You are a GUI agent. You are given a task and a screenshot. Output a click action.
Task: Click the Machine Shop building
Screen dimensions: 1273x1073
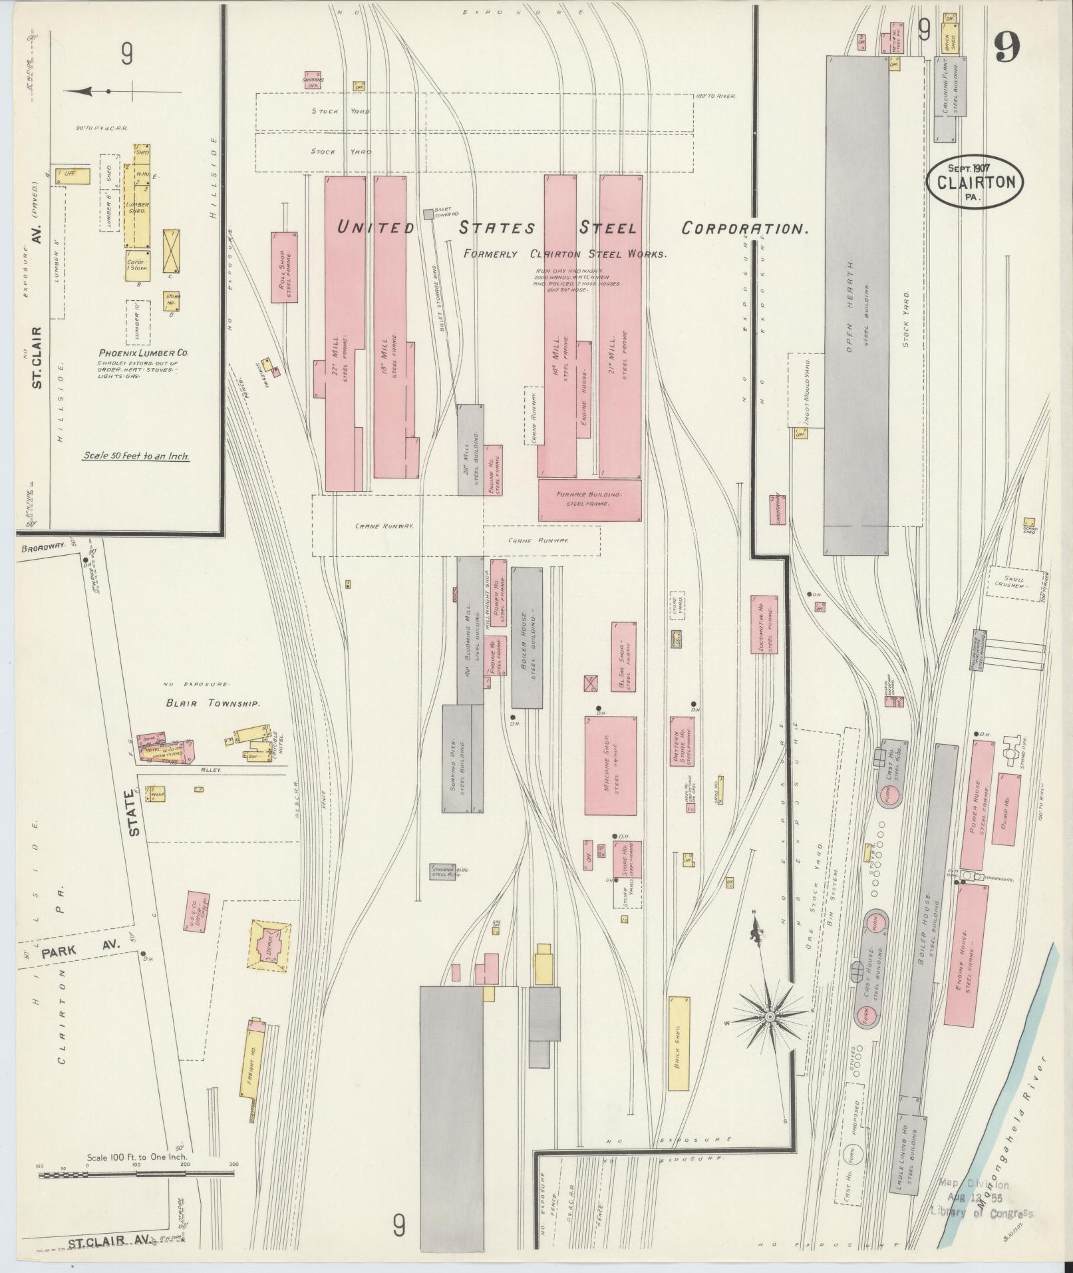pos(610,765)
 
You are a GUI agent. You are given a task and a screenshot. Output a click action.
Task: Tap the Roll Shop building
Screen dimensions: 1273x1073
pos(285,266)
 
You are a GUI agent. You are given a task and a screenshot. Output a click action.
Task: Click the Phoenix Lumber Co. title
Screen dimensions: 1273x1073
pos(135,353)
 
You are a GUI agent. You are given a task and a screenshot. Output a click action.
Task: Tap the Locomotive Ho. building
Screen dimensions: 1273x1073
pos(765,624)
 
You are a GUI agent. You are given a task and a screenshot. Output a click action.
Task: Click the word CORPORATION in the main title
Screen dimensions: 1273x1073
pos(744,228)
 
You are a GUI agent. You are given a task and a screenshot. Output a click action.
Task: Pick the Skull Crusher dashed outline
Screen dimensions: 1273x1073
pos(1014,584)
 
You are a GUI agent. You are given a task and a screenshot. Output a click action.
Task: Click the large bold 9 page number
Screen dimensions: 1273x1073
pos(1007,47)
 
